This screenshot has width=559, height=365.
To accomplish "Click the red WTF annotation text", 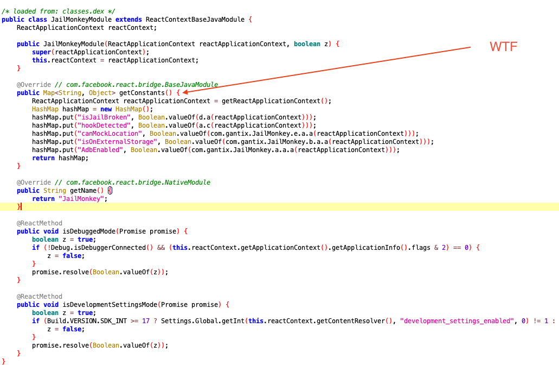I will [x=504, y=47].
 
